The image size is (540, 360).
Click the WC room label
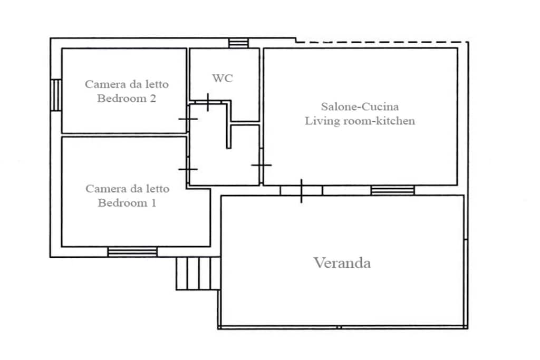[223, 78]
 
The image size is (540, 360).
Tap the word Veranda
[342, 263]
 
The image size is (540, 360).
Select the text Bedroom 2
[127, 99]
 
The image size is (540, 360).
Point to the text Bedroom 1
[127, 203]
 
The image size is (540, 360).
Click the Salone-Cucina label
[360, 106]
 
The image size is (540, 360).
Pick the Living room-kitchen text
[360, 121]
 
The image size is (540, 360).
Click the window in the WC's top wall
[239, 43]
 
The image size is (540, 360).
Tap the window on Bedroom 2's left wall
[56, 95]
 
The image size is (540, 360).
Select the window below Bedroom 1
[132, 252]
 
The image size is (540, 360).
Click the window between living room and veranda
[392, 190]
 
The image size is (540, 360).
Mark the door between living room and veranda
[301, 191]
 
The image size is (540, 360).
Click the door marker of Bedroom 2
[188, 119]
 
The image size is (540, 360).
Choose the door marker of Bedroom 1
[188, 169]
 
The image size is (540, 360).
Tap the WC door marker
[208, 102]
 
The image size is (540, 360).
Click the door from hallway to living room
[262, 165]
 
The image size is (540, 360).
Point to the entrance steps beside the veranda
[198, 273]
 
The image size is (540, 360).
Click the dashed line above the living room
[382, 42]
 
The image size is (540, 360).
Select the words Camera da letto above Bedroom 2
[127, 84]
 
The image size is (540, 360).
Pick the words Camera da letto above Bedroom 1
[128, 189]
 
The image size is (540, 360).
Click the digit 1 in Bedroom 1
[153, 203]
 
